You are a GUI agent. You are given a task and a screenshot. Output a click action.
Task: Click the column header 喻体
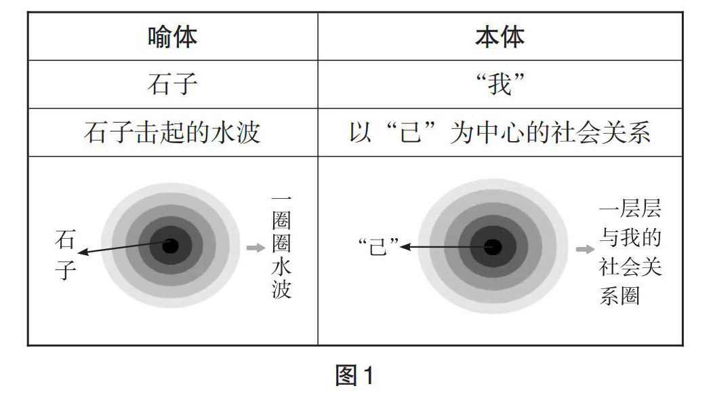(x=172, y=37)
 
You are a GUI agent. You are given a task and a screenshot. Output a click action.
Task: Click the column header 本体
(x=500, y=37)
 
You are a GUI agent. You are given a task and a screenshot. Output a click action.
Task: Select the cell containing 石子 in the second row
(x=172, y=85)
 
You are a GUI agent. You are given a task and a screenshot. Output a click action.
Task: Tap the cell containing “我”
(x=500, y=85)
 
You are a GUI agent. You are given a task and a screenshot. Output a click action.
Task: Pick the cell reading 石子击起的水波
(x=172, y=132)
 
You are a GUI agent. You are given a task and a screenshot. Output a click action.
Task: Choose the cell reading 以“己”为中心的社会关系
(x=500, y=132)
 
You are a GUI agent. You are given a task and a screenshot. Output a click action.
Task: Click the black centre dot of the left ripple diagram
(x=170, y=246)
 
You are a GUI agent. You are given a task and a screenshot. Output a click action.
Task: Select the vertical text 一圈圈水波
(x=281, y=248)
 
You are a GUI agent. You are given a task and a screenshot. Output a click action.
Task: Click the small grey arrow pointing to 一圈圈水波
(x=255, y=248)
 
